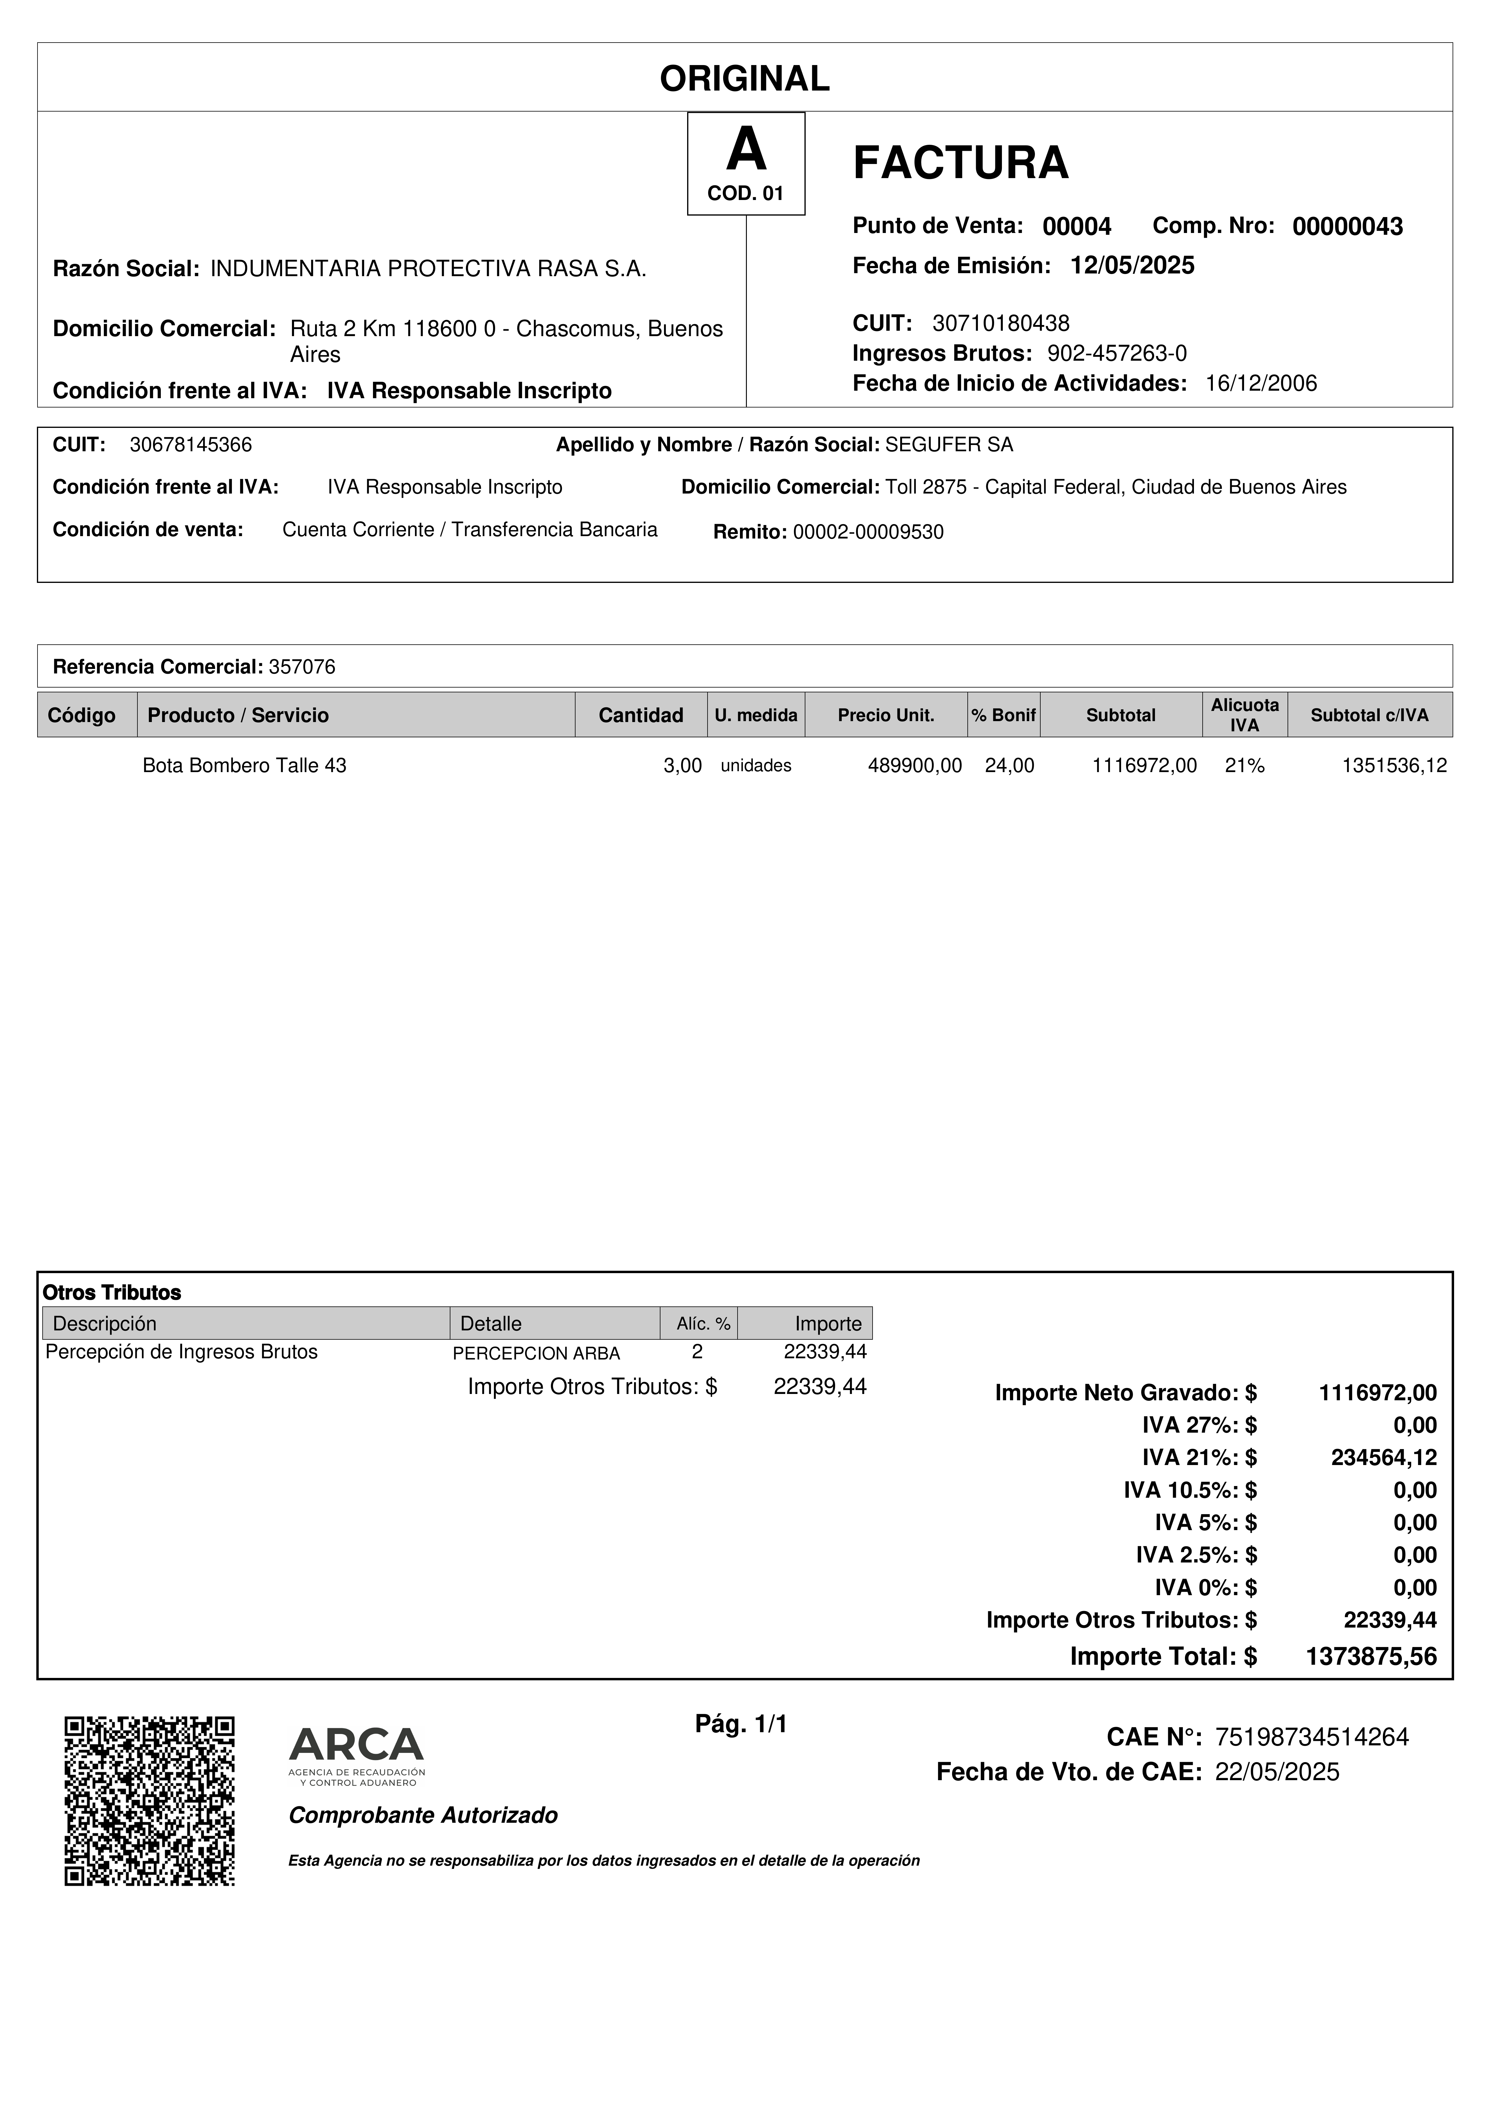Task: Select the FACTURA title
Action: (960, 163)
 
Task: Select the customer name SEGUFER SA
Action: (949, 445)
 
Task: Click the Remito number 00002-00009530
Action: (867, 533)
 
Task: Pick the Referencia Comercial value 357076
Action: (302, 667)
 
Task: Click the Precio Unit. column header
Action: (886, 716)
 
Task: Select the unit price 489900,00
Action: (914, 766)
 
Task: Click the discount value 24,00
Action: (1009, 766)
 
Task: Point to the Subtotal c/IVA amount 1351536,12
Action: (1393, 766)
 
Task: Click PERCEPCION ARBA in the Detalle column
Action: (536, 1353)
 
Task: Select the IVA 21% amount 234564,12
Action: (1384, 1458)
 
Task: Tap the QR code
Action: (149, 1801)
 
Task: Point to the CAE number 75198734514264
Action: (1311, 1738)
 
